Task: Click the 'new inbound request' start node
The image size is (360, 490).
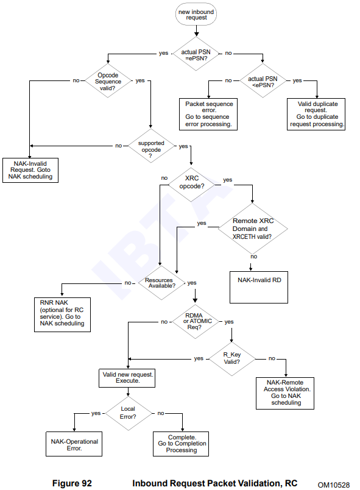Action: click(196, 15)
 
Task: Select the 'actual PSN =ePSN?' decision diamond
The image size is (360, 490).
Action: click(196, 54)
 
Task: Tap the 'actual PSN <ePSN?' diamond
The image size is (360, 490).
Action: click(263, 80)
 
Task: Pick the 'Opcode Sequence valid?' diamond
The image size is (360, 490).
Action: click(108, 80)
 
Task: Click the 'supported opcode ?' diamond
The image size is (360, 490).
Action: click(151, 146)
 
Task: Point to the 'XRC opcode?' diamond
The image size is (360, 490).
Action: click(192, 185)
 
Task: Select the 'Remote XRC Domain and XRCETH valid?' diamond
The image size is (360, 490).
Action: click(253, 229)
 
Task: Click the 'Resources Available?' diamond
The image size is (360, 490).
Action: click(161, 283)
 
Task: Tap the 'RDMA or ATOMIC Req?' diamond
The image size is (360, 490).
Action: click(196, 322)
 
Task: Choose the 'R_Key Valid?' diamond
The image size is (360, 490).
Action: click(231, 359)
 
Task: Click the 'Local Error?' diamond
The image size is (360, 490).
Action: click(128, 413)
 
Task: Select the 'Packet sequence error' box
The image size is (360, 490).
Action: click(208, 114)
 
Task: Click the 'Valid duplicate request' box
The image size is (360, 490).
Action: click(316, 114)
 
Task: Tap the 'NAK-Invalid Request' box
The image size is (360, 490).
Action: click(30, 170)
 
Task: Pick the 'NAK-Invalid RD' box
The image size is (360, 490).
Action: click(259, 287)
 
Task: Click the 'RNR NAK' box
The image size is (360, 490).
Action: click(63, 314)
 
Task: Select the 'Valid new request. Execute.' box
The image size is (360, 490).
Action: click(127, 378)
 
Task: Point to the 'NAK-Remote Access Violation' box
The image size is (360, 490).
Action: click(285, 393)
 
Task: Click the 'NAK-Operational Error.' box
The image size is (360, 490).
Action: click(74, 444)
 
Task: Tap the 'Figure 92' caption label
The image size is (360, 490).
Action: click(72, 483)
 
